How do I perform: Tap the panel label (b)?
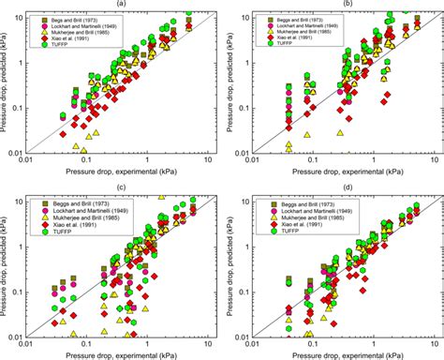pos(346,5)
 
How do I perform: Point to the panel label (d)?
pos(346,187)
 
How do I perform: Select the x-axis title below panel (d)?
pos(346,355)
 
